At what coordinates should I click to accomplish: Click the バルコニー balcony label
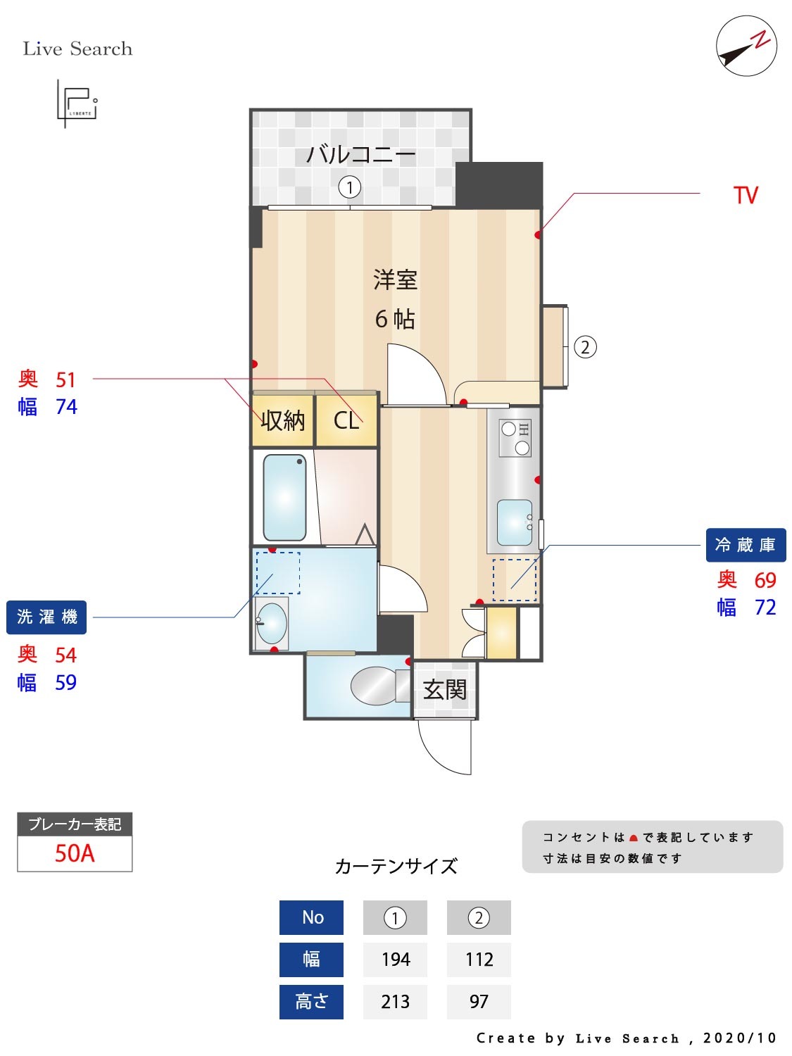tap(360, 153)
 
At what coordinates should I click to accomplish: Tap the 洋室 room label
tap(395, 280)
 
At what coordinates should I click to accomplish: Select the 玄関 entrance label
tap(444, 689)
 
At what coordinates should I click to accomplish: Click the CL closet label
tap(346, 420)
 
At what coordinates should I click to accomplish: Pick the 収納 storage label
tap(283, 420)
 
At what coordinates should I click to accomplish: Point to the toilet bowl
tap(375, 685)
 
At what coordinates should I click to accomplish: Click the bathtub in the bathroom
tap(284, 497)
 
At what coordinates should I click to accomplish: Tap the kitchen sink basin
tap(514, 522)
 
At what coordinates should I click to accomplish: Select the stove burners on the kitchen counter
tap(515, 437)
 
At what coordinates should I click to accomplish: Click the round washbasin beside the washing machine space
tap(271, 623)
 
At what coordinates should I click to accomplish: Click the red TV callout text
tap(746, 195)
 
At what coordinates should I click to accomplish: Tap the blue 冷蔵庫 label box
tap(746, 545)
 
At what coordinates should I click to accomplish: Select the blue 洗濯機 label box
tap(46, 617)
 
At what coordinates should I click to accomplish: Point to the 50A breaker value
tap(75, 853)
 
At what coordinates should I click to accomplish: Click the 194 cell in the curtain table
tap(395, 959)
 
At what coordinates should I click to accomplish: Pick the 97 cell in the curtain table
tap(479, 1001)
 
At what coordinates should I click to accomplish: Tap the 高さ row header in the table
tap(311, 1001)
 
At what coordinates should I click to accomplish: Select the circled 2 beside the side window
tap(585, 347)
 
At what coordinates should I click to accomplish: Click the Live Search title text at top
tap(77, 49)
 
